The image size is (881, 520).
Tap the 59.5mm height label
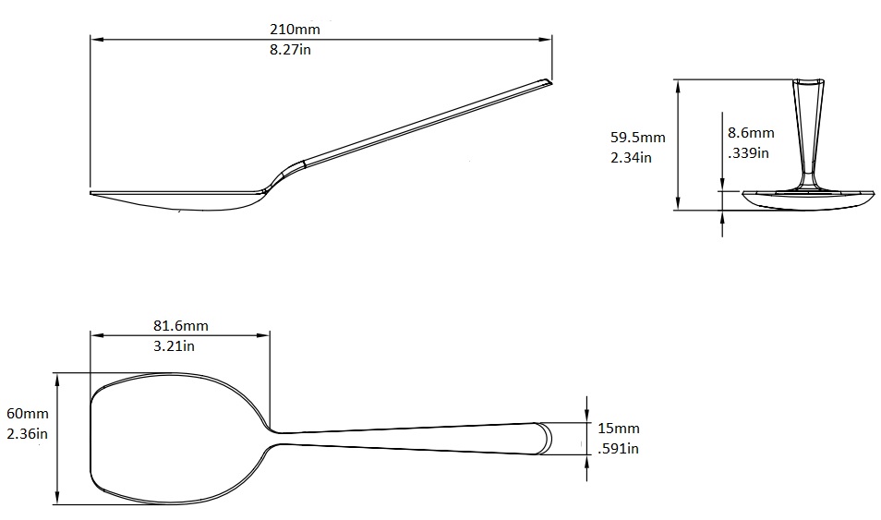click(637, 137)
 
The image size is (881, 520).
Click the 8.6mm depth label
click(751, 133)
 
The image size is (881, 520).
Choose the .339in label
click(748, 152)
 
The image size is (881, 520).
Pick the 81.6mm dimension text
click(180, 325)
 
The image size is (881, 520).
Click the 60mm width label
click(27, 414)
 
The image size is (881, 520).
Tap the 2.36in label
click(27, 433)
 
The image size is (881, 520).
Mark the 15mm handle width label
click(619, 429)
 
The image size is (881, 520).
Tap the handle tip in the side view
click(547, 83)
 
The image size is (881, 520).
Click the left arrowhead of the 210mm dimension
click(94, 39)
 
